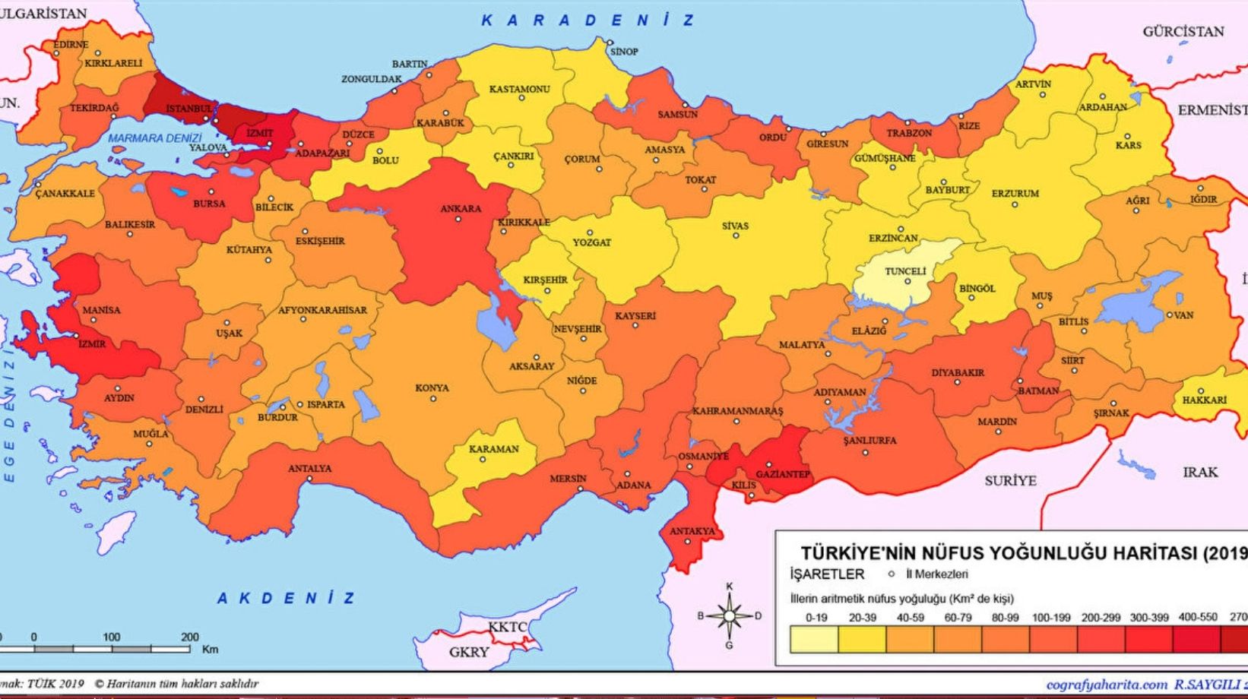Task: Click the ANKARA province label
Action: click(461, 208)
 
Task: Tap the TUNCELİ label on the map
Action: click(905, 271)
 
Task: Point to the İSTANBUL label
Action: click(189, 109)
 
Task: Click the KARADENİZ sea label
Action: click(588, 21)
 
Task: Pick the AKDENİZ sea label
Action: click(287, 598)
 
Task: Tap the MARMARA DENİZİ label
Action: click(155, 138)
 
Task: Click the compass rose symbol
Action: click(730, 615)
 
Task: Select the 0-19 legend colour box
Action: click(815, 640)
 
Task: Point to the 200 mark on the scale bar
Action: click(190, 637)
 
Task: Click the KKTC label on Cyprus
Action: click(507, 627)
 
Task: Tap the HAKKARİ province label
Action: click(1205, 400)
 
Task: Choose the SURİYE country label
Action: click(1010, 480)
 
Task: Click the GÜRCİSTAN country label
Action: click(1183, 31)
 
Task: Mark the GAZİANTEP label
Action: click(783, 474)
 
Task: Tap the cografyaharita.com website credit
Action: click(1096, 685)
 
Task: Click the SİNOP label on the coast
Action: click(624, 51)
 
